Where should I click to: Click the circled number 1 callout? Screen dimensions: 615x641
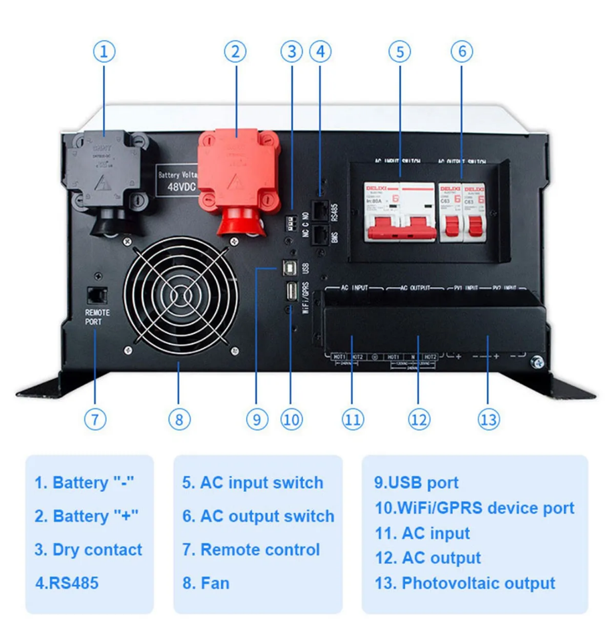point(104,52)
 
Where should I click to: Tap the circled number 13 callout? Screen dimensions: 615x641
point(489,419)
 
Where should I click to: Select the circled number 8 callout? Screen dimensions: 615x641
point(179,419)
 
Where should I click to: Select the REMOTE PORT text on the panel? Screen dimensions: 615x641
point(98,316)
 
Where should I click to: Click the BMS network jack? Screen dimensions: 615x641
point(321,235)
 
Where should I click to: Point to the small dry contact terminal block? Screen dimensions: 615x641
point(292,222)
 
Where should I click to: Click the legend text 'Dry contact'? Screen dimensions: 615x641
point(88,550)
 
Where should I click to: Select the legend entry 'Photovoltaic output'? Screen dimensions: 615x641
point(465,583)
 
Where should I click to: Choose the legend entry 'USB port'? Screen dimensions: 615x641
point(416,483)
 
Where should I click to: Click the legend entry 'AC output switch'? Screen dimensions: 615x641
point(258,516)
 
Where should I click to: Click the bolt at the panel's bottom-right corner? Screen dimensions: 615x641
point(536,363)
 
